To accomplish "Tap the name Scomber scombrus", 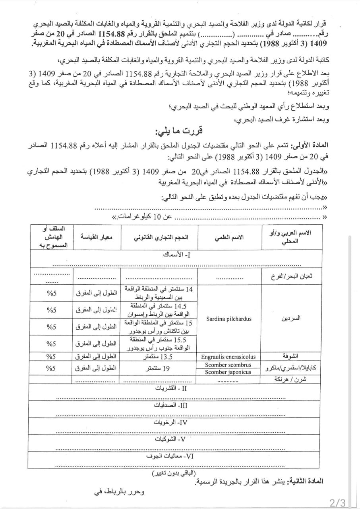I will click(x=228, y=365).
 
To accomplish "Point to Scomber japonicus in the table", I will click(x=228, y=372).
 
